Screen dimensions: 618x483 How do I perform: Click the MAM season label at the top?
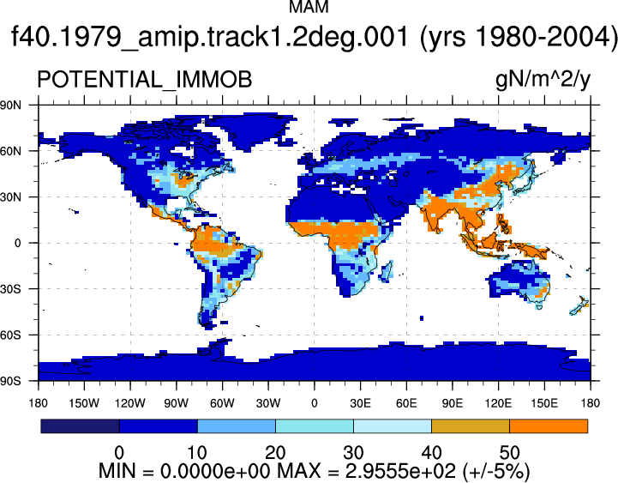309,7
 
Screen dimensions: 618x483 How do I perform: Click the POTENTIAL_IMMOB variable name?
144,79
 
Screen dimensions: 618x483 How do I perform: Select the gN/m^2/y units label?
543,80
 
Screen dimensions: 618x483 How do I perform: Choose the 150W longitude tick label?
84,403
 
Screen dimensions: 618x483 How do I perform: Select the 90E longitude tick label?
452,403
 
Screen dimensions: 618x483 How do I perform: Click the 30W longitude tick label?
268,403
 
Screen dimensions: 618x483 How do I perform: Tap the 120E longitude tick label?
498,403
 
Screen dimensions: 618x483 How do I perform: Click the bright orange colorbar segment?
549,426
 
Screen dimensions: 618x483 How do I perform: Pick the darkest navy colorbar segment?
80,426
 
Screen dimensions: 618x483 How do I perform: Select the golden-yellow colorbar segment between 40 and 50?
471,426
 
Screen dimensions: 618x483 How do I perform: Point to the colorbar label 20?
275,453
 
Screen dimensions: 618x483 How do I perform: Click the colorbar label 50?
510,453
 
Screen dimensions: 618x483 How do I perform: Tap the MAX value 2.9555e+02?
400,471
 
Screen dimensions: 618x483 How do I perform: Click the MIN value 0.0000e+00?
215,471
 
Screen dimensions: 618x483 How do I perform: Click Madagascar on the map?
387,271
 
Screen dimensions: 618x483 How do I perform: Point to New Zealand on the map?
579,305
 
